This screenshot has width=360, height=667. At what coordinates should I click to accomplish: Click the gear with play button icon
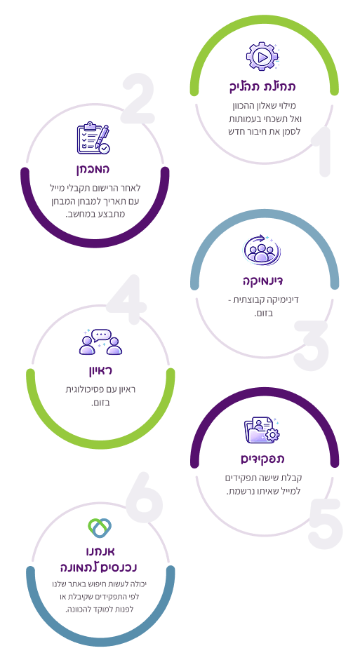point(262,56)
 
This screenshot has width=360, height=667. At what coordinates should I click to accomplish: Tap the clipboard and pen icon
point(93,138)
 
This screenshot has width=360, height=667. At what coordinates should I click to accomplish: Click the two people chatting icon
point(101,342)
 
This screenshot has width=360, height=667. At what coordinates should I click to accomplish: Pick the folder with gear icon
point(262,430)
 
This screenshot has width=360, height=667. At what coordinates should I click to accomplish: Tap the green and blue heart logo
point(100,528)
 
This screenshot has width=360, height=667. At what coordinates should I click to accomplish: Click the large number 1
point(321,151)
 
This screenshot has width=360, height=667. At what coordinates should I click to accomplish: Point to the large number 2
point(138,98)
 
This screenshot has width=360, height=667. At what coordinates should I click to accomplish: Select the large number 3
point(311,345)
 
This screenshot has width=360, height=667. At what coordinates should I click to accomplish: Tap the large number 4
point(126,299)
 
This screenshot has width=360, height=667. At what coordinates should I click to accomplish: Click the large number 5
point(325,523)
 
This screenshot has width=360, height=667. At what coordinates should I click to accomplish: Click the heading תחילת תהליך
point(262,86)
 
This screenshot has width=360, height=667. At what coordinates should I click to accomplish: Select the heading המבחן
point(93,169)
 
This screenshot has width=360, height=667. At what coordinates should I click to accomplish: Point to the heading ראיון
point(100,370)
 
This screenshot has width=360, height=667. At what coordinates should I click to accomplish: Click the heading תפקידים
point(262,459)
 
